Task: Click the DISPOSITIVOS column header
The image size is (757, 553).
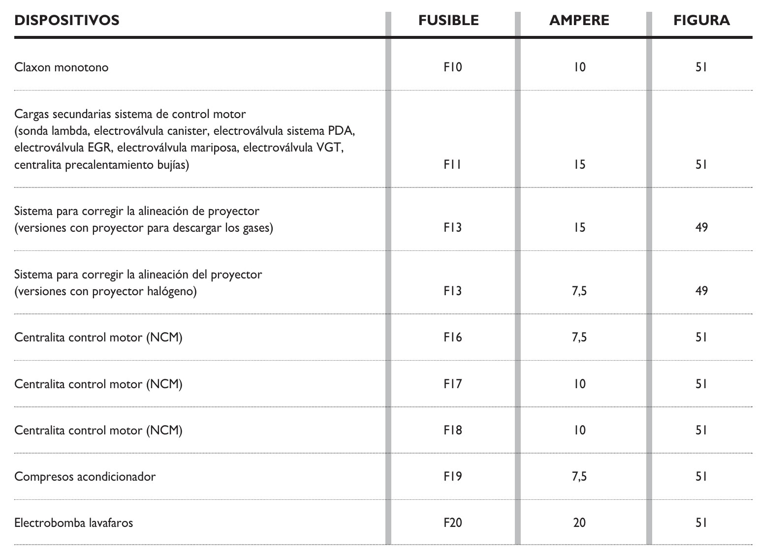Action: [x=67, y=20]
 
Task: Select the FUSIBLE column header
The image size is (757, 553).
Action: [x=448, y=20]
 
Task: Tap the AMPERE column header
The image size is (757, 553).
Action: [x=579, y=20]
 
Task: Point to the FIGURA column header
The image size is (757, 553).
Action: [x=701, y=20]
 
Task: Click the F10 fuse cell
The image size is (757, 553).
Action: [x=452, y=67]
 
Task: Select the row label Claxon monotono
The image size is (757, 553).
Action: [x=62, y=67]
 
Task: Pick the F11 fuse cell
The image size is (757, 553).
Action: [x=452, y=165]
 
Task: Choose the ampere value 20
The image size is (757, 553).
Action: [x=579, y=522]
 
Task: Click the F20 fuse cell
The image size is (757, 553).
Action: [x=452, y=522]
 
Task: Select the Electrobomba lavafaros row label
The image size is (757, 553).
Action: [x=74, y=522]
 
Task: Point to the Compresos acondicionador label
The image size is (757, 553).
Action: [x=85, y=477]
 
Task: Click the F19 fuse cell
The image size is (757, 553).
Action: [x=452, y=477]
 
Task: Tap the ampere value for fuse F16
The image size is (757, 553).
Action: [x=579, y=338]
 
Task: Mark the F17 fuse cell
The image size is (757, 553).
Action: [x=452, y=384]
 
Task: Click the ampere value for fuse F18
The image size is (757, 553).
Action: [x=579, y=430]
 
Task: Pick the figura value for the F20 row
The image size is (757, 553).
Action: [x=701, y=522]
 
